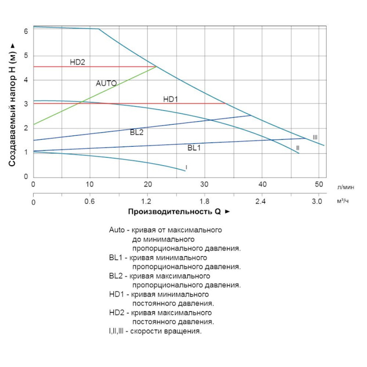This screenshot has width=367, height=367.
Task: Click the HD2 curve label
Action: tap(78, 62)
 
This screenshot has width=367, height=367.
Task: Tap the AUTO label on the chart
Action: tap(106, 83)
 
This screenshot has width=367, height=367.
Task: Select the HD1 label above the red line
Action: tap(170, 99)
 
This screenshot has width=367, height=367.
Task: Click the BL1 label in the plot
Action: tap(194, 148)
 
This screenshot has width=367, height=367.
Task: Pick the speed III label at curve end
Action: tap(315, 137)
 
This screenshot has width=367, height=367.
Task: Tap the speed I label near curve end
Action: tap(186, 167)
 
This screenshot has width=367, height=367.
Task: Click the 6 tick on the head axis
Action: tap(26, 31)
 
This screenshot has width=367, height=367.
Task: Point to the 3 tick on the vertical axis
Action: tap(26, 104)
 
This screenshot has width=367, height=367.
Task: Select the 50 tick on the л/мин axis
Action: tap(318, 184)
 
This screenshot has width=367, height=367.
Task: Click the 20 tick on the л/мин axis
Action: tap(147, 184)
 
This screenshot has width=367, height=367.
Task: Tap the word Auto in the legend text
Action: tap(117, 229)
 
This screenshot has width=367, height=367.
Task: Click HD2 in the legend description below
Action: tap(117, 313)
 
